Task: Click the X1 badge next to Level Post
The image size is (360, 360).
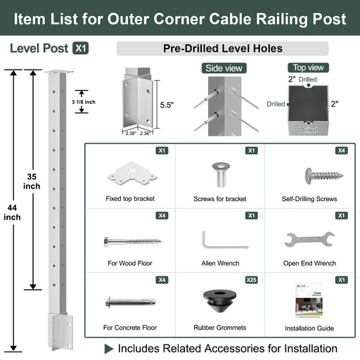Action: [x=81, y=49]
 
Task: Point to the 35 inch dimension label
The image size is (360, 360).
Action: [x=31, y=182]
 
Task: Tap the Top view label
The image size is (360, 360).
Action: [x=307, y=67]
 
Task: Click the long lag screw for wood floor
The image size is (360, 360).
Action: [x=131, y=241]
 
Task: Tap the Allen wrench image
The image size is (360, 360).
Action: [x=223, y=240]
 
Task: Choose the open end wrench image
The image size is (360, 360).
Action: [x=309, y=240]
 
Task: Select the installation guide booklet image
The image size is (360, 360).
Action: [x=309, y=302]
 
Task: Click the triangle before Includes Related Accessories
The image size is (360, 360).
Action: [x=109, y=349]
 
